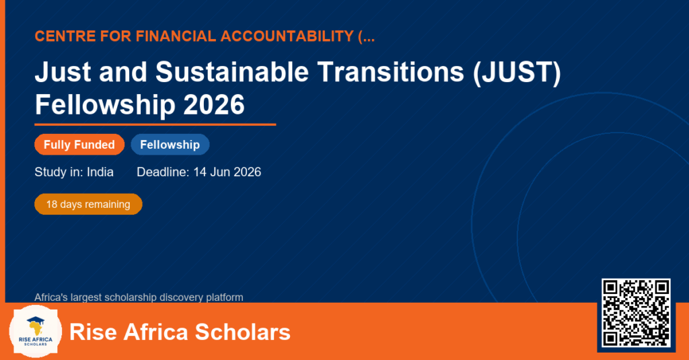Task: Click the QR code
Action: tap(636, 312)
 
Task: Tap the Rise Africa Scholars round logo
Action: tap(36, 332)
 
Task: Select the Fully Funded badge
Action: tap(79, 145)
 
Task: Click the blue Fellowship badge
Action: tap(170, 145)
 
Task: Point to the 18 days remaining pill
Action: tap(88, 205)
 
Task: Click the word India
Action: tap(100, 172)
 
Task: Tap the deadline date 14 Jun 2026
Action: tap(227, 172)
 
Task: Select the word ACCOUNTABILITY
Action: tap(287, 36)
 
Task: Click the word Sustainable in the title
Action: tap(232, 71)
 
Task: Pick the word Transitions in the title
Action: tap(391, 71)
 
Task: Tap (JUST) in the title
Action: tap(517, 72)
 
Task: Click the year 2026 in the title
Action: tap(213, 104)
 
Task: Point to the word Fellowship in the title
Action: tap(105, 105)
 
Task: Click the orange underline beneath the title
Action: tap(155, 125)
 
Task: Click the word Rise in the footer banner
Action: tap(93, 332)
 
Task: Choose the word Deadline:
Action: tap(163, 172)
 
